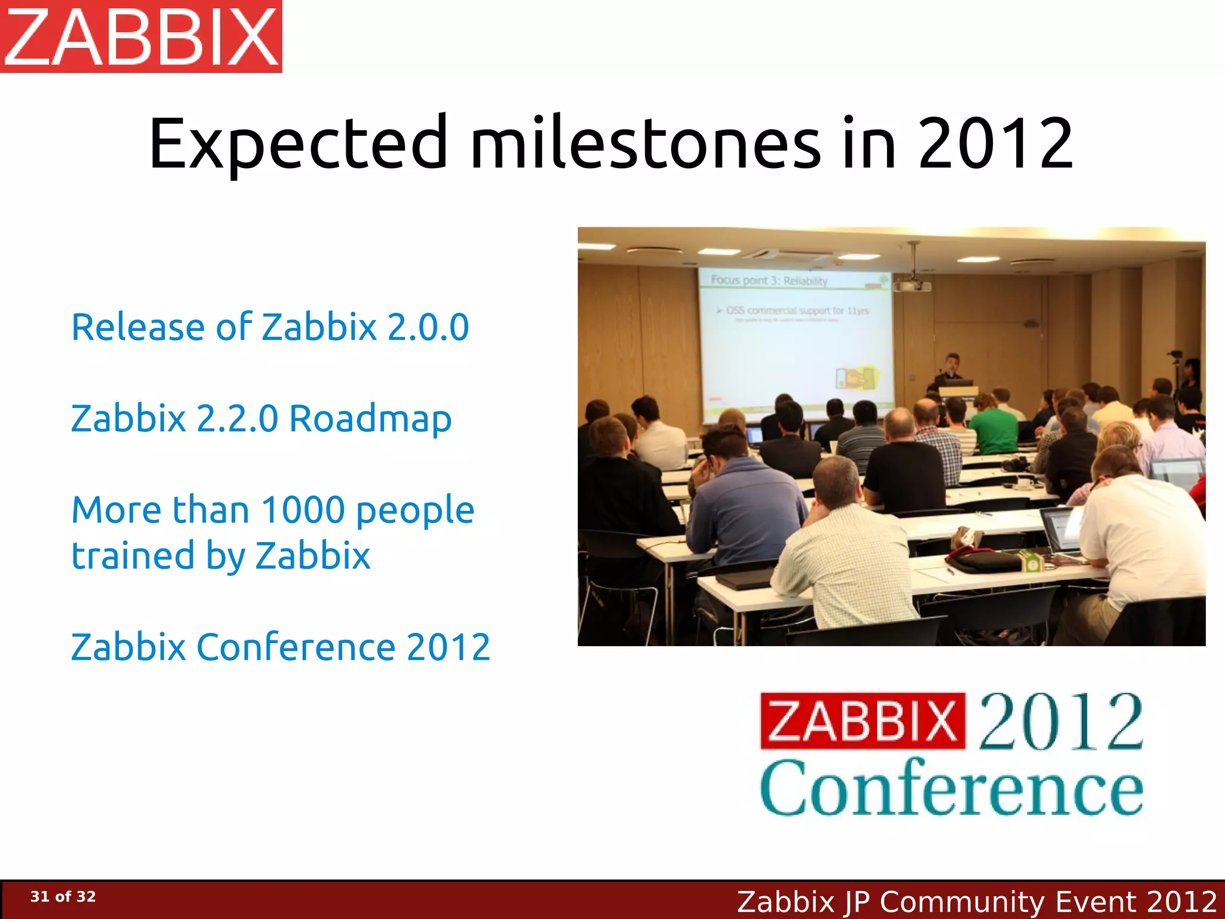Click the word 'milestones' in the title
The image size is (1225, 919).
pyautogui.click(x=646, y=144)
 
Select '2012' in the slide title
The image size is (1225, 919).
pyautogui.click(x=995, y=144)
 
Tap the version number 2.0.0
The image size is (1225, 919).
pyautogui.click(x=428, y=327)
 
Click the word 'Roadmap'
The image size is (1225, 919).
pyautogui.click(x=370, y=419)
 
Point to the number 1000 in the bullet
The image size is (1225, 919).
pyautogui.click(x=303, y=510)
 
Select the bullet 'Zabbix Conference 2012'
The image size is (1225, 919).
pyautogui.click(x=281, y=647)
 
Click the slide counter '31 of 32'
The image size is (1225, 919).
pyautogui.click(x=63, y=896)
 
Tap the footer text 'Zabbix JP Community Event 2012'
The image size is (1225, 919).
pyautogui.click(x=976, y=901)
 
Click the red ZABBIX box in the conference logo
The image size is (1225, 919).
pyautogui.click(x=863, y=721)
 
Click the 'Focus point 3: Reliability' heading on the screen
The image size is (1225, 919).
pyautogui.click(x=769, y=280)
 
